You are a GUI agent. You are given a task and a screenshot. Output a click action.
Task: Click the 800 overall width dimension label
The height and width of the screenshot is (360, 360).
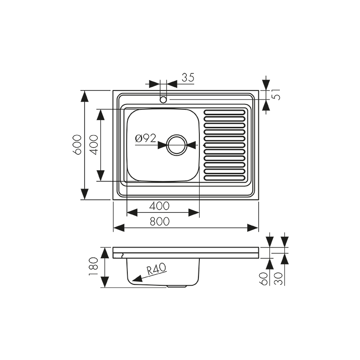click(159, 221)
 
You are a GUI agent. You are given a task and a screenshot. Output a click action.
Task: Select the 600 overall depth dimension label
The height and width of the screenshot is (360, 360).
click(77, 144)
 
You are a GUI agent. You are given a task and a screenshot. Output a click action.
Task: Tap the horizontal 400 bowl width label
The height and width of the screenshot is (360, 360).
click(159, 206)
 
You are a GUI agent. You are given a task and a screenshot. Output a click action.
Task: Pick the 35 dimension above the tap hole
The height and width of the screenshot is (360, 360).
click(188, 77)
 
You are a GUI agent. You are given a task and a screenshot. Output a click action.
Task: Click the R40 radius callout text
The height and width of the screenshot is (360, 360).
click(157, 270)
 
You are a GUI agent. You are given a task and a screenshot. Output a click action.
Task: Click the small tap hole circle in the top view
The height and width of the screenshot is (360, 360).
click(163, 99)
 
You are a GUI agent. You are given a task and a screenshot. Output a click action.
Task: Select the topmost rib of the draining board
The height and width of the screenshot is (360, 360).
click(225, 112)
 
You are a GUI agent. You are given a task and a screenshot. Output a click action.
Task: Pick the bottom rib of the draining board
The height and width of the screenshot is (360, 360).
click(225, 177)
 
